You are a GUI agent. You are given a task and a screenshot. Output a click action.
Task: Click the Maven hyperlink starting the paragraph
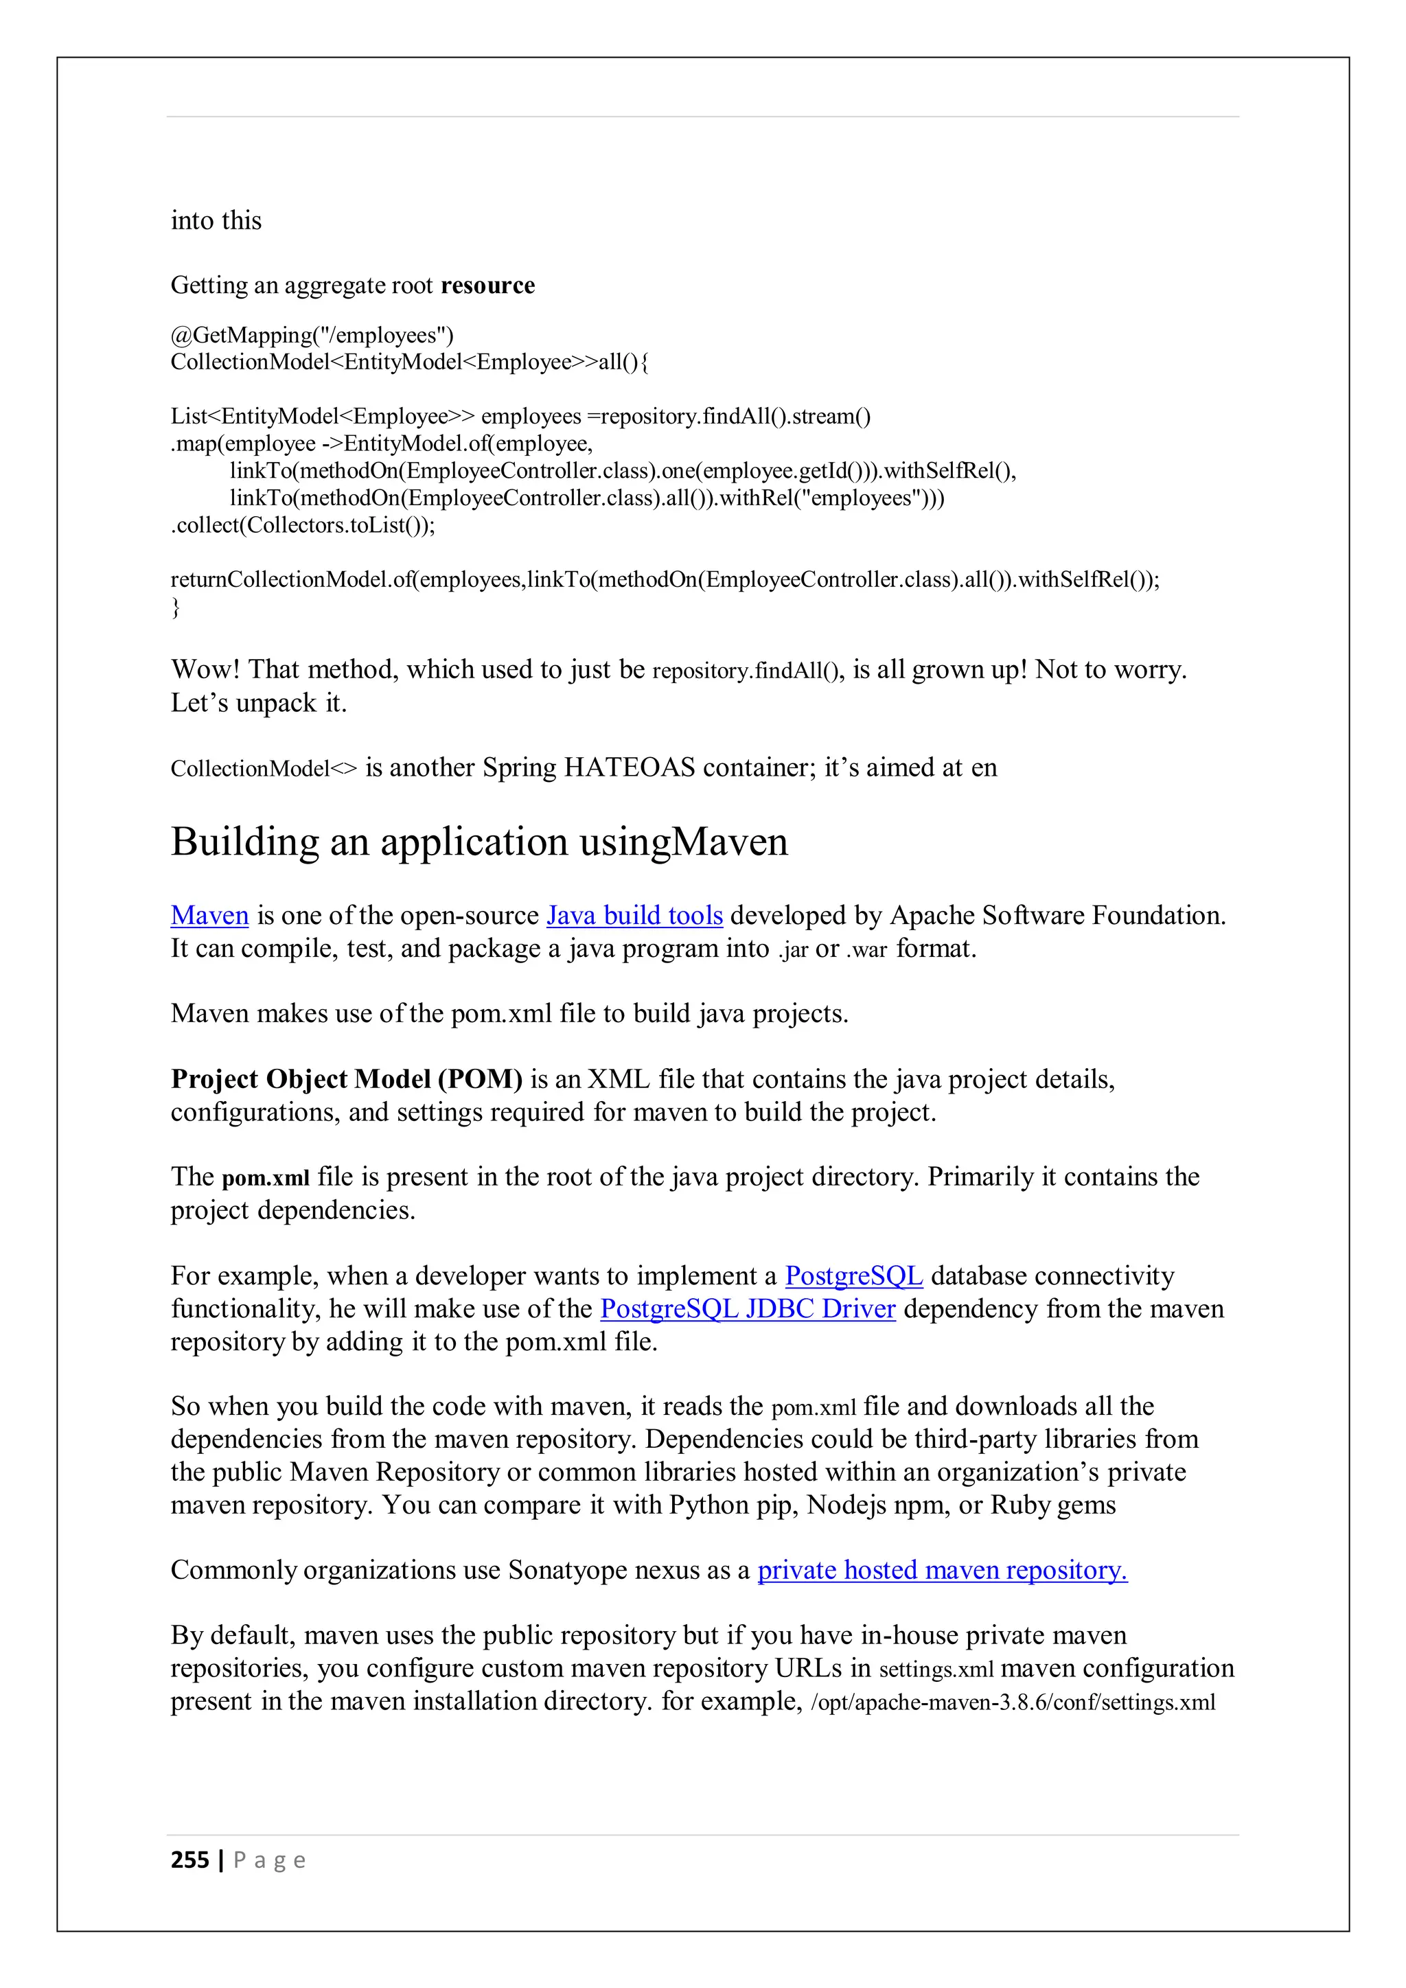pyautogui.click(x=209, y=915)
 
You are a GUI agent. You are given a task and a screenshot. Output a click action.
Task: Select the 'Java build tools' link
pyautogui.click(x=634, y=915)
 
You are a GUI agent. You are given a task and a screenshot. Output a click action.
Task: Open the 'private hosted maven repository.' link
pyautogui.click(x=942, y=1570)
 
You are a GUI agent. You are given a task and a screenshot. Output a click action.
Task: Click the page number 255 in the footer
pyautogui.click(x=189, y=1860)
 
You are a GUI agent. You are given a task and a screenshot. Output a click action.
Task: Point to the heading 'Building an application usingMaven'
pyautogui.click(x=479, y=842)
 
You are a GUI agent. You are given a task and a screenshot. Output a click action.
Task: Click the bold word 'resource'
pyautogui.click(x=487, y=286)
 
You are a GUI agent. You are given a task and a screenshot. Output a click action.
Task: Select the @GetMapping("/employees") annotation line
pyautogui.click(x=312, y=335)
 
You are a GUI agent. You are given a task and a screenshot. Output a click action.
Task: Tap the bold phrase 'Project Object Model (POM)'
pyautogui.click(x=346, y=1079)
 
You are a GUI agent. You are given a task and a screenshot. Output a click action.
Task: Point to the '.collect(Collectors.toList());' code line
pyautogui.click(x=302, y=526)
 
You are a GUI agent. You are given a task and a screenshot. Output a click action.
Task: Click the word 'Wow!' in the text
pyautogui.click(x=206, y=669)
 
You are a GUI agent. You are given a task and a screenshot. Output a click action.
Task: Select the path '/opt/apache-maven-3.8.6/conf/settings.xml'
pyautogui.click(x=1013, y=1702)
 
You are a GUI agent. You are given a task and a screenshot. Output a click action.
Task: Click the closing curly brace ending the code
pyautogui.click(x=176, y=607)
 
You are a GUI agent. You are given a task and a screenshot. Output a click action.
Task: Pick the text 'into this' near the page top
pyautogui.click(x=216, y=221)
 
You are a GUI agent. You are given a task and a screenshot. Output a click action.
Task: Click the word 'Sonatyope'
pyautogui.click(x=567, y=1570)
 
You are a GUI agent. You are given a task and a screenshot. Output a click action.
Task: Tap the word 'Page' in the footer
pyautogui.click(x=269, y=1860)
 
